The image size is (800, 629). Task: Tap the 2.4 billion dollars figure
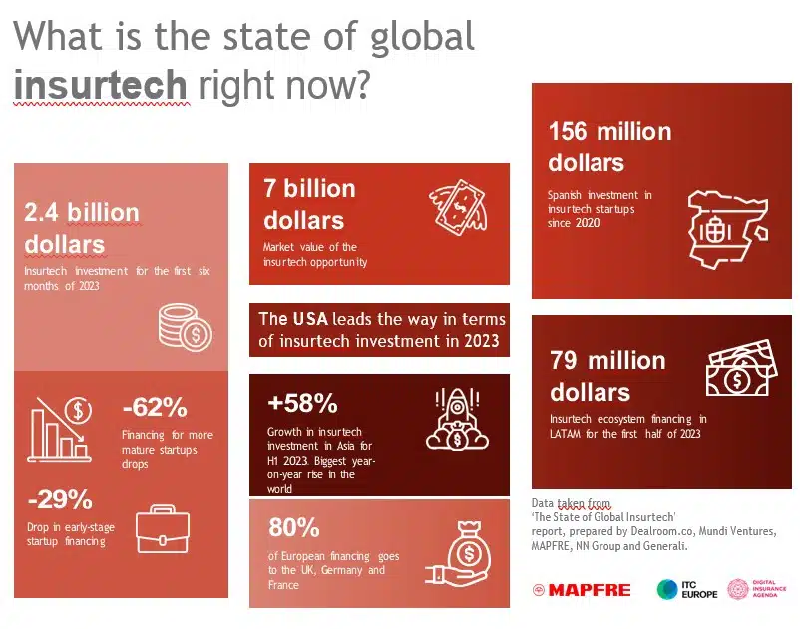(82, 228)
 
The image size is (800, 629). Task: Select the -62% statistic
(155, 408)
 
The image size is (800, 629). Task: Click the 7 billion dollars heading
(309, 204)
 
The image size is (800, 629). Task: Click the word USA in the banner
(309, 320)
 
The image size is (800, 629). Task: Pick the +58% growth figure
(302, 404)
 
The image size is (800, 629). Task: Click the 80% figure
(293, 527)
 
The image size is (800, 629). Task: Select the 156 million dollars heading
(609, 147)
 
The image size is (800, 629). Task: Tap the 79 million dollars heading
(606, 375)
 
